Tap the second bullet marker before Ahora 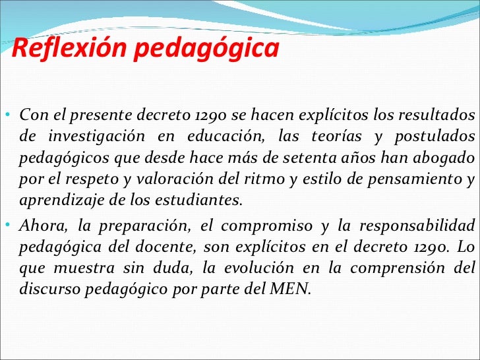point(6,225)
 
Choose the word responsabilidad point(421,225)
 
